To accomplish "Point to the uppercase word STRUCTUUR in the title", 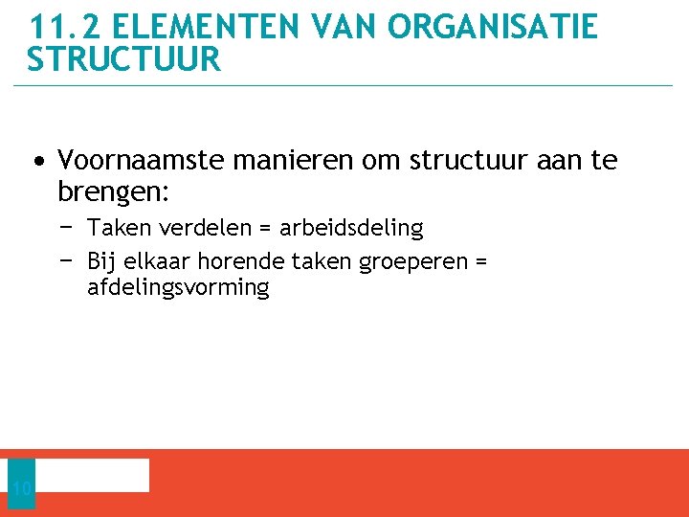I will click(124, 59).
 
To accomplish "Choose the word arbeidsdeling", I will click(351, 228).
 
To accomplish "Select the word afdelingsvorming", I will click(178, 287).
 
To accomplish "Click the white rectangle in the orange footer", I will click(92, 475).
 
